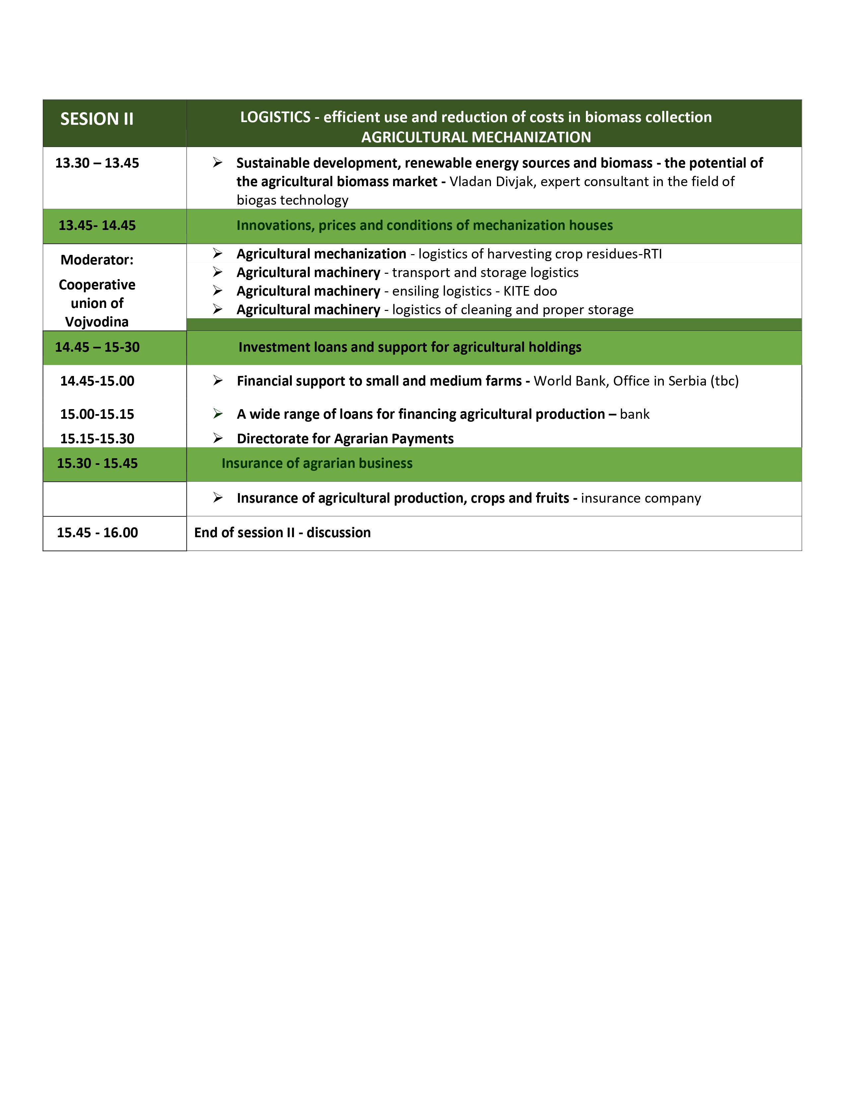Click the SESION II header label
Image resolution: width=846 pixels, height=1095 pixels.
click(97, 119)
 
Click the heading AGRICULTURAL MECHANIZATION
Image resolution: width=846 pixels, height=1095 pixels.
click(476, 137)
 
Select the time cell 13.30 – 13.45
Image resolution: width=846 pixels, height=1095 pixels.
click(97, 163)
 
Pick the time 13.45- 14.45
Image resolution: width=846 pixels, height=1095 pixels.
click(97, 225)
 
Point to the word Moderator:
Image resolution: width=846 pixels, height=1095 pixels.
click(97, 260)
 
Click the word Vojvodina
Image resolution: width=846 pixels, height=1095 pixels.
click(97, 322)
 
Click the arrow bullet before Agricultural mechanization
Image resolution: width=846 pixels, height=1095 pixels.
click(217, 253)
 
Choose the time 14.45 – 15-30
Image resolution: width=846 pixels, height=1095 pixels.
click(97, 347)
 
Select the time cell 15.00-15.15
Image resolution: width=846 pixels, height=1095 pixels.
click(97, 414)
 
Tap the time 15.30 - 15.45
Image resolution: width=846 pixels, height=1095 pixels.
click(97, 463)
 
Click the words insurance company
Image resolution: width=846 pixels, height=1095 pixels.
click(641, 498)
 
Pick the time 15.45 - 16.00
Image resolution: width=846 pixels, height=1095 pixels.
click(97, 533)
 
